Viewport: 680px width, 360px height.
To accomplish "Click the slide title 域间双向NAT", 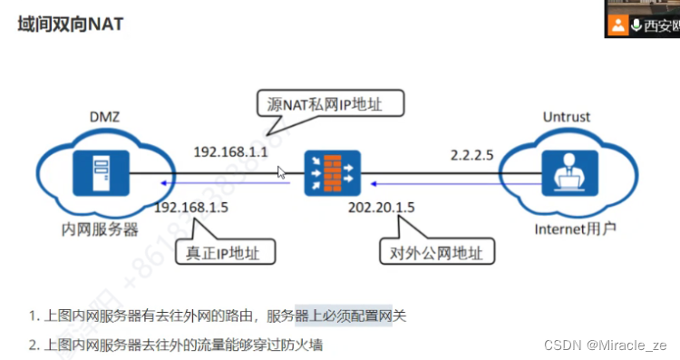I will click(71, 24).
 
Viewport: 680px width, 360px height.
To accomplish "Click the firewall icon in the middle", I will click(331, 170).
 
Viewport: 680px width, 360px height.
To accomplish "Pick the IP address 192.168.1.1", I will click(231, 151).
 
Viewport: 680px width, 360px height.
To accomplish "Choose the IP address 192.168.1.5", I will click(191, 209).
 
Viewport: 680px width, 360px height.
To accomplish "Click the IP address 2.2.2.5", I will click(472, 154).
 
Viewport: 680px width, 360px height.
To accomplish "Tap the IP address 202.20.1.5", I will click(381, 209).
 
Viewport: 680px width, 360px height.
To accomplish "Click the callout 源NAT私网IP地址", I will click(324, 105).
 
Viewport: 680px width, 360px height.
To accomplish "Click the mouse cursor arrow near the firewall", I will click(281, 171).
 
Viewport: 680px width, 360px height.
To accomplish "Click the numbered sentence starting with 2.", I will click(176, 345).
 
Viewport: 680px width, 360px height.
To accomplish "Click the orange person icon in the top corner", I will click(618, 24).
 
